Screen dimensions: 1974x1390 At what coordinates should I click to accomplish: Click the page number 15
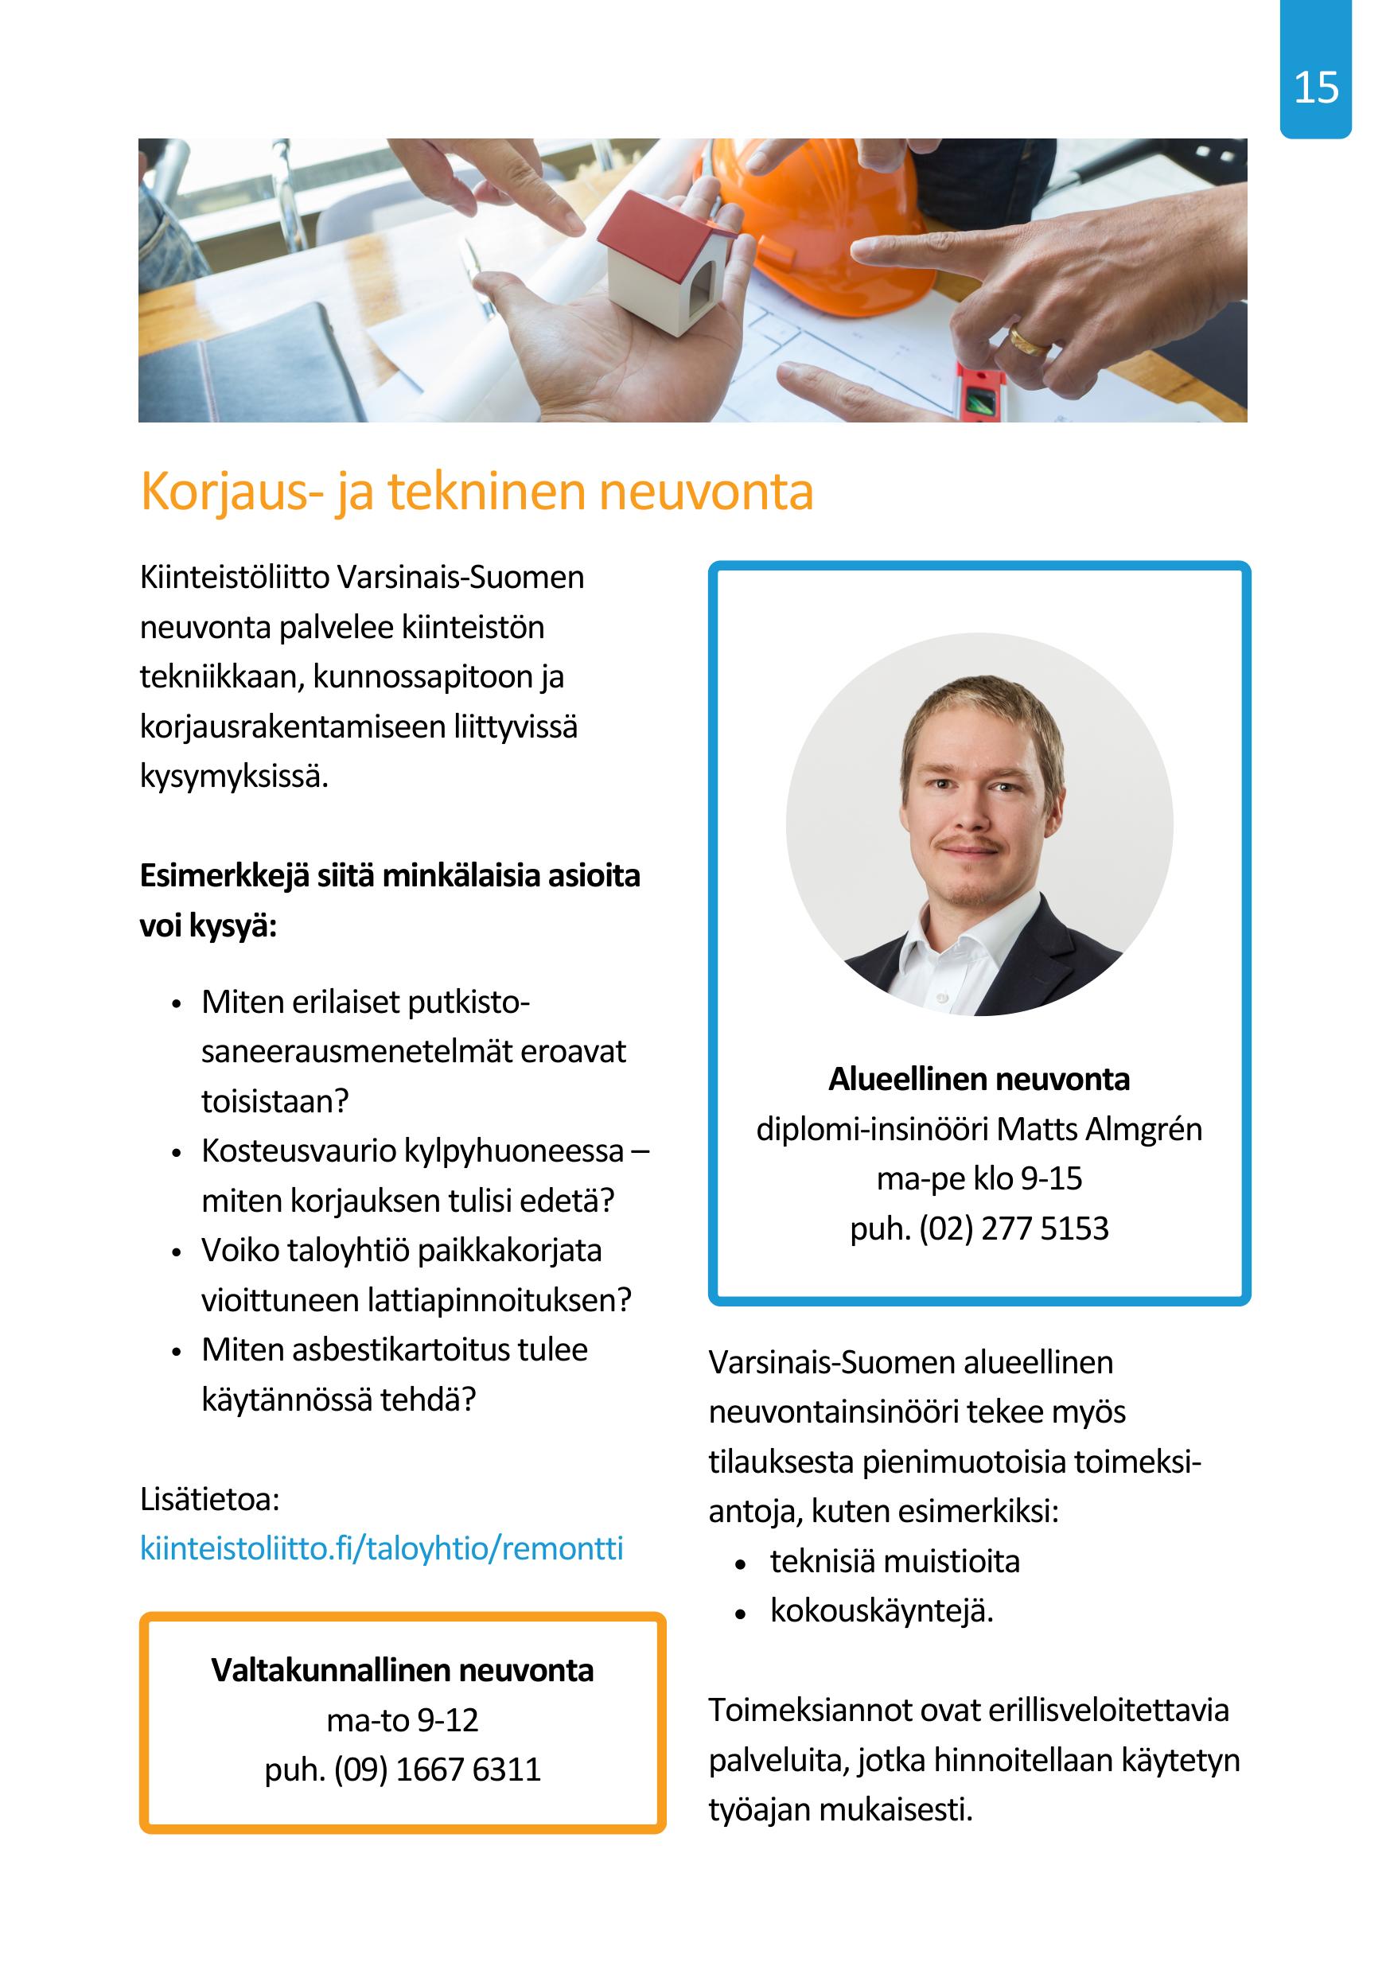tap(1315, 88)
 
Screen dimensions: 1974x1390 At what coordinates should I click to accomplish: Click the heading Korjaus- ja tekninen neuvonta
tap(477, 492)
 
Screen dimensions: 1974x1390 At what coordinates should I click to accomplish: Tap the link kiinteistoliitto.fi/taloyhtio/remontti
tap(381, 1548)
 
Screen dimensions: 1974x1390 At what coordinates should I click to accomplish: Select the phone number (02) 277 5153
tap(1014, 1228)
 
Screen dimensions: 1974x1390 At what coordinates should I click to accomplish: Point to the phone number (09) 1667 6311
tap(437, 1770)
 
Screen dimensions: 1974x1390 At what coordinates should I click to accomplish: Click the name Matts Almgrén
tap(1100, 1129)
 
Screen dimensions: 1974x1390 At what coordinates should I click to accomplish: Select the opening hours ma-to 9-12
tap(403, 1719)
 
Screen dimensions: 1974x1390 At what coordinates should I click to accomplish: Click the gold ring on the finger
tap(1028, 340)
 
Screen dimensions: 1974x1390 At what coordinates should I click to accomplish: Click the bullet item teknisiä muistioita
tap(894, 1561)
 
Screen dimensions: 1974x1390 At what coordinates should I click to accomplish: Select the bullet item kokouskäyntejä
tap(881, 1611)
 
